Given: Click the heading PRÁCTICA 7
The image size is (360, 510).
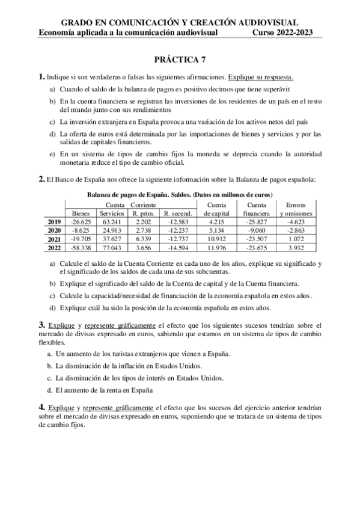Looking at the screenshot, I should pos(180,59).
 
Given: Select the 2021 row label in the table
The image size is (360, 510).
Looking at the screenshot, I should pos(54,239).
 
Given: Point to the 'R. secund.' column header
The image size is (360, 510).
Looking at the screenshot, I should pos(178,213).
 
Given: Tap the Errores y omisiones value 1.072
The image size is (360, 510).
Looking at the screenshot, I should pos(294,239).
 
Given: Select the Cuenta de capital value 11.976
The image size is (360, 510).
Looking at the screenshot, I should pos(215,247).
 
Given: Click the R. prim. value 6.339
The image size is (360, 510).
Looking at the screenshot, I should pos(143,239).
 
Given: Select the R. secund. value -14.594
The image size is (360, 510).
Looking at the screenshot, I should pos(178,247).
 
